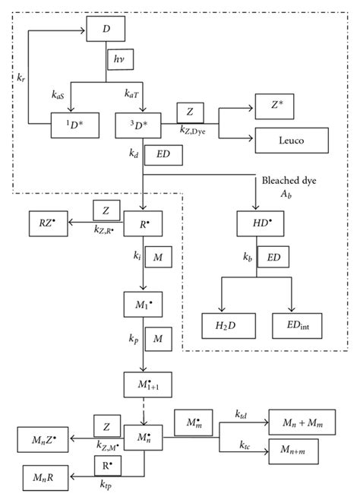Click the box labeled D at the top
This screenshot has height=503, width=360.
click(x=104, y=30)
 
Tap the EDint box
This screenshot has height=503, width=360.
click(x=292, y=324)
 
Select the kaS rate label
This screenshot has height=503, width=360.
click(x=58, y=95)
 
